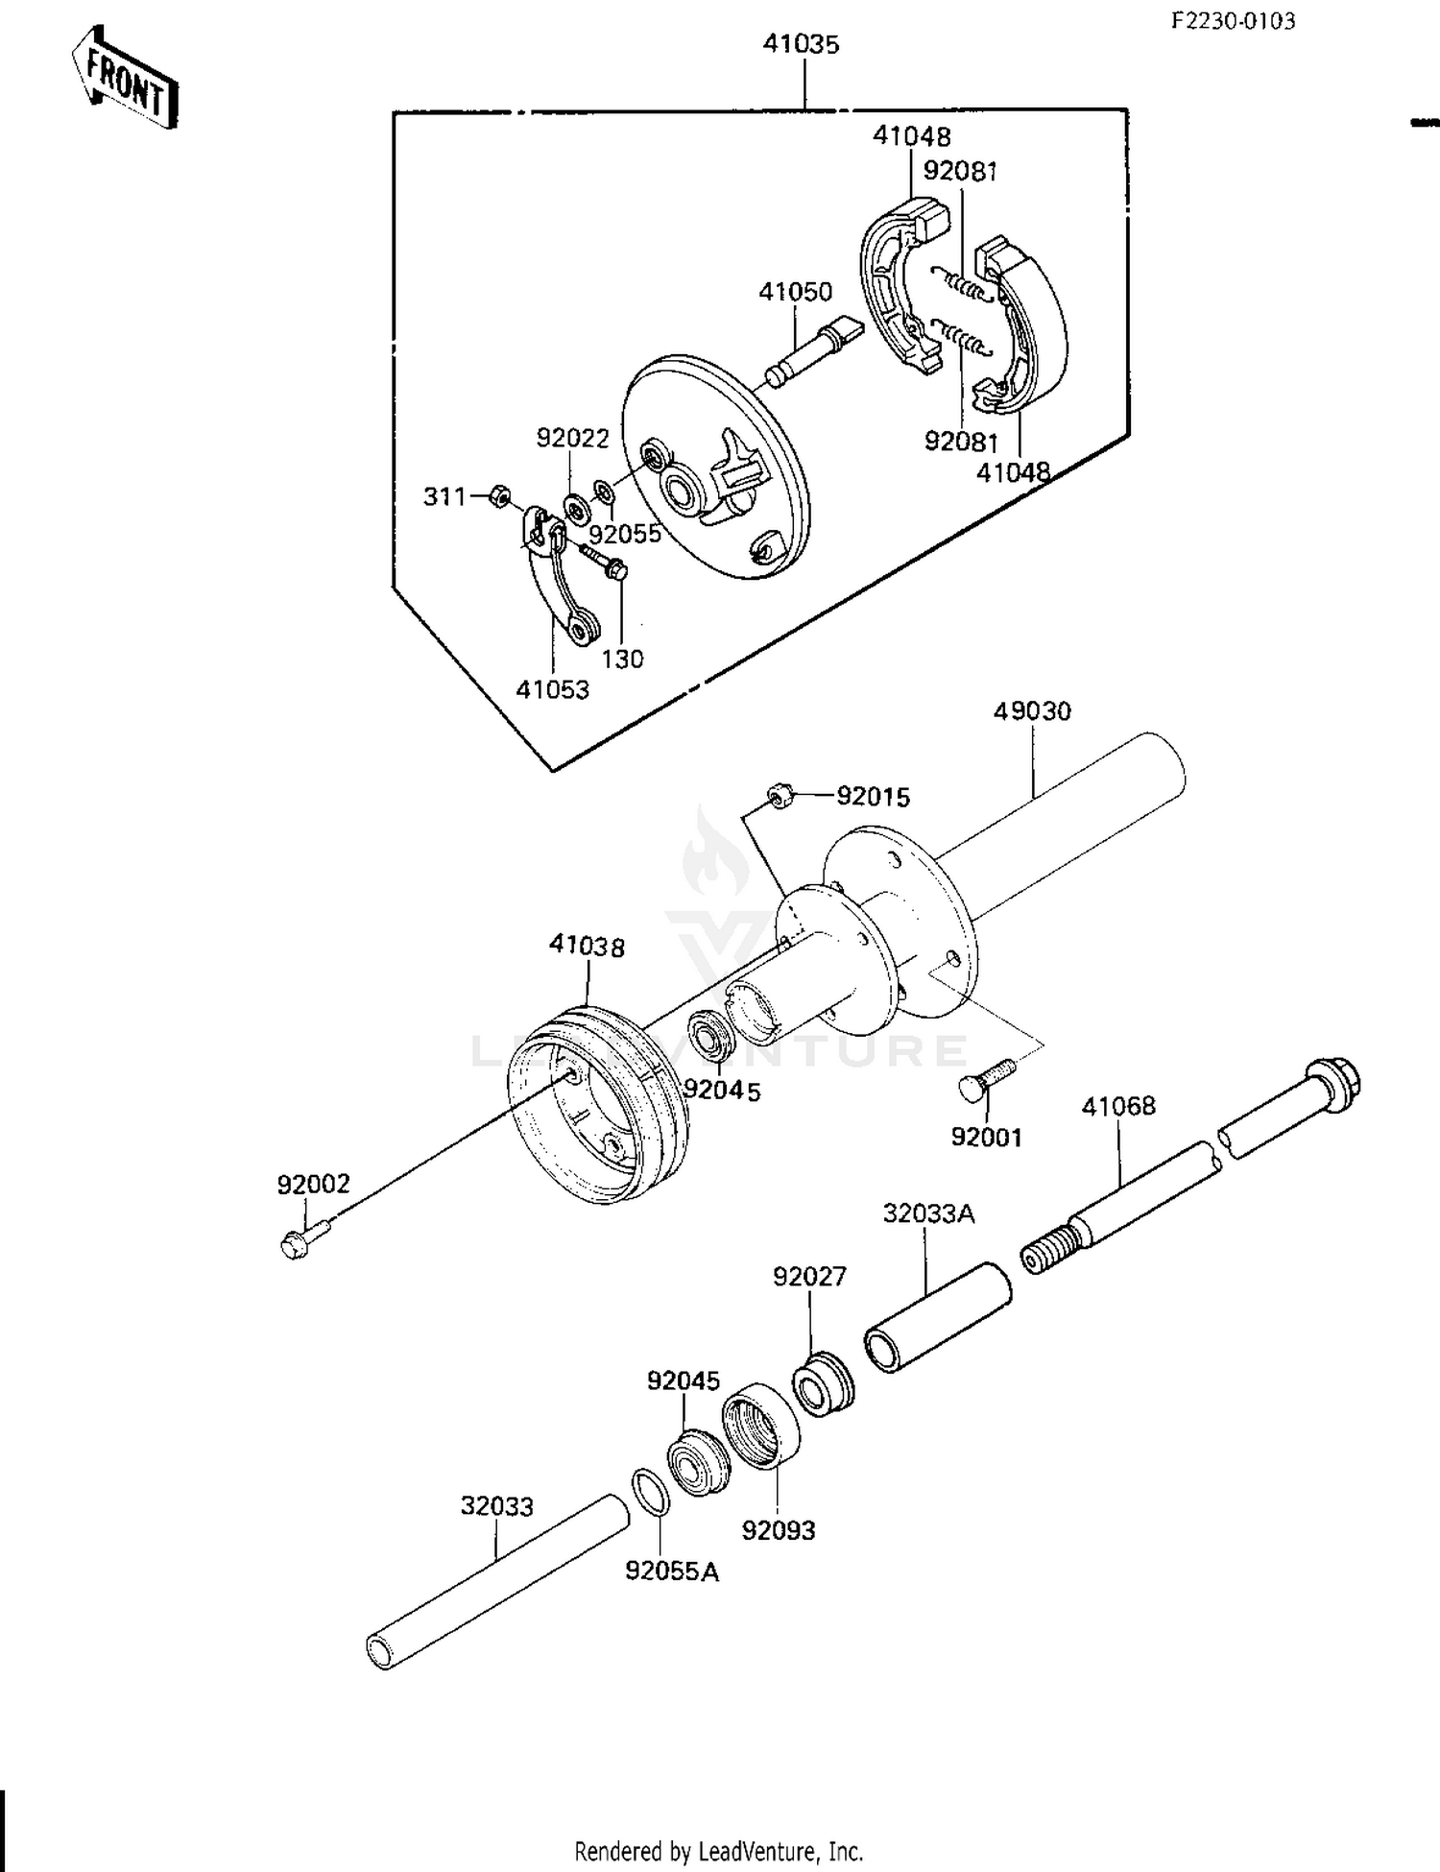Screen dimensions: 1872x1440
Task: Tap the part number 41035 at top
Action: point(801,44)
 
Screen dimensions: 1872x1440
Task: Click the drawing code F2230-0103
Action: point(1233,21)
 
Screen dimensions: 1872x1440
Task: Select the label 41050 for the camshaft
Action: point(795,292)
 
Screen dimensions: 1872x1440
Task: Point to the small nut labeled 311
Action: point(498,496)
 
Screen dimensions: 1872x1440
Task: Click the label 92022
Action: point(572,439)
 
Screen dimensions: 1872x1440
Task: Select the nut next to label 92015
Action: point(779,796)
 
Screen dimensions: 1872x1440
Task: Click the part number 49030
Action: point(1032,711)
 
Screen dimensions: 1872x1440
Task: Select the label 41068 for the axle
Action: point(1118,1106)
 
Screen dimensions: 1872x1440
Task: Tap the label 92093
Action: point(778,1530)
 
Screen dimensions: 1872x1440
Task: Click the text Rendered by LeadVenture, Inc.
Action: point(718,1850)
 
